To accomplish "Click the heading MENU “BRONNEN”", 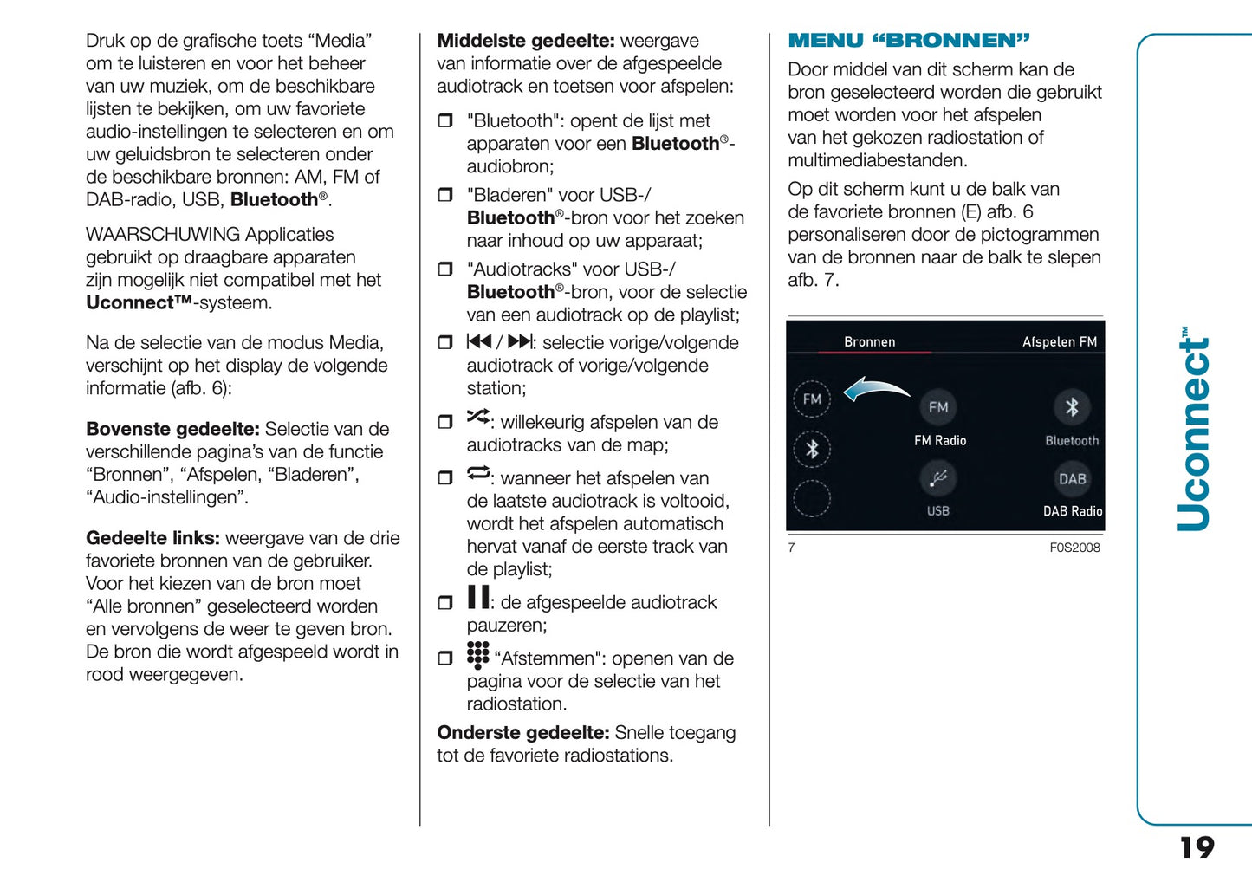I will coord(908,41).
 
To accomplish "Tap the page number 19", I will coord(1197,846).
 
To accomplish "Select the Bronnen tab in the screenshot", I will coord(869,342).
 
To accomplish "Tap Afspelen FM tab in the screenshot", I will coord(1059,342).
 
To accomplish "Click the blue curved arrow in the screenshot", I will coord(876,390).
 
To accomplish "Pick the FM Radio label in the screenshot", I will coord(939,441).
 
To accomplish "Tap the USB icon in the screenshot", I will coord(938,478).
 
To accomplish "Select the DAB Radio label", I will coord(1072,511).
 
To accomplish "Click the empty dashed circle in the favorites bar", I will coord(812,499).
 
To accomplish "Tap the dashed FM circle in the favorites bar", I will coord(812,399).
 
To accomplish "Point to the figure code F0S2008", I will coord(1074,548).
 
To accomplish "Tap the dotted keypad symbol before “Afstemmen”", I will coord(477,654).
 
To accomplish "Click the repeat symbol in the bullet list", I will coord(477,473).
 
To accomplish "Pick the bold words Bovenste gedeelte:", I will coord(172,429).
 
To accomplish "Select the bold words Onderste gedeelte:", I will coord(522,733).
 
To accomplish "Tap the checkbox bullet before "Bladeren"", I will coord(445,195).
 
